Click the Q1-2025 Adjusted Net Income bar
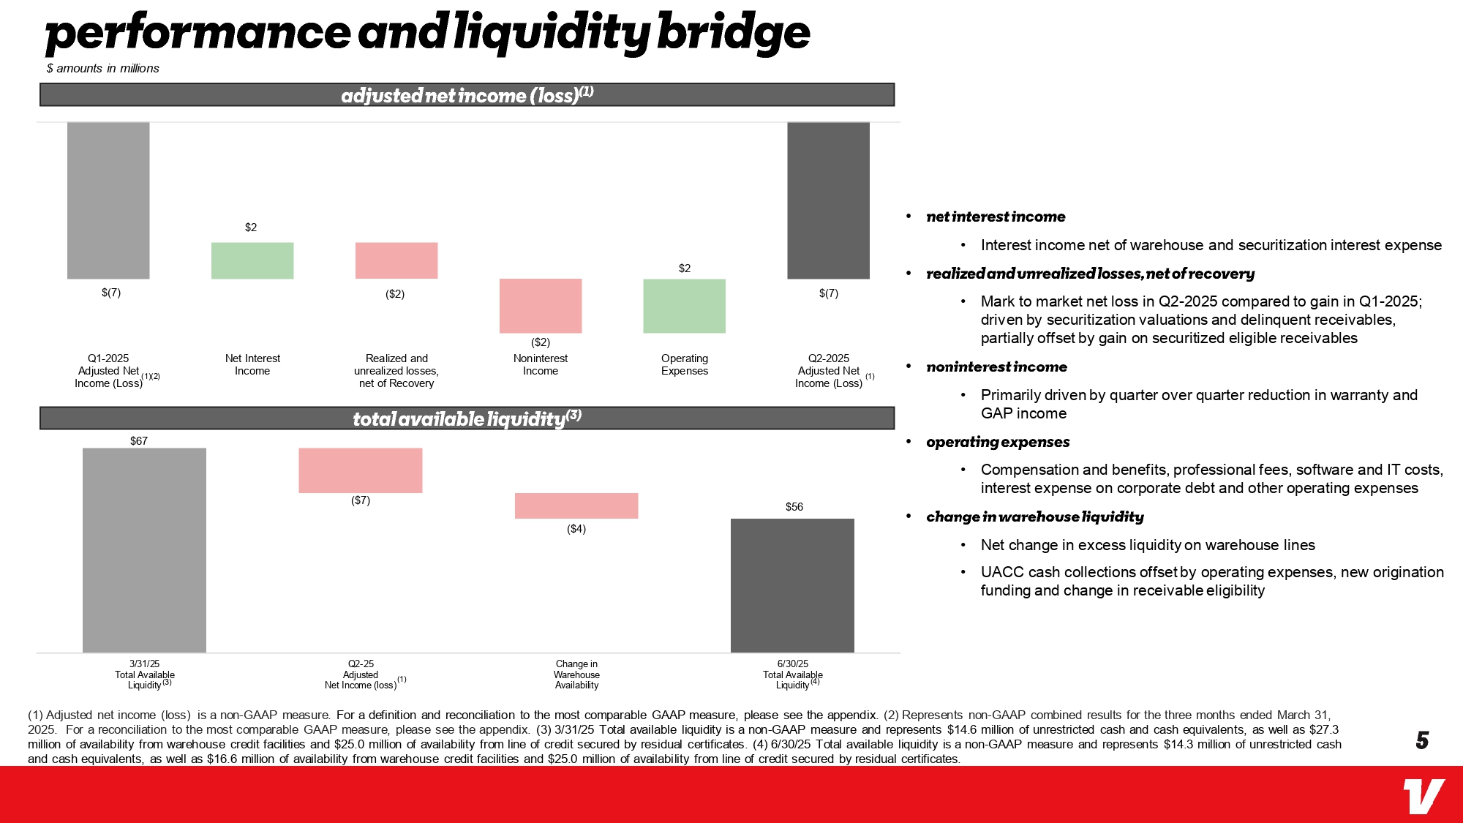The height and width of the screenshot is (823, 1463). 108,200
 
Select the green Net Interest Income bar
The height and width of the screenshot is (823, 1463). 252,260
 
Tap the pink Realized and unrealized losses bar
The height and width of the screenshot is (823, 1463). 396,260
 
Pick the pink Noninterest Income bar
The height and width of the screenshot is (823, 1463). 541,306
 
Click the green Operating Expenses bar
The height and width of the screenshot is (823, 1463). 684,306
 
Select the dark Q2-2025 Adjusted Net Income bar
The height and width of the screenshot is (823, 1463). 828,200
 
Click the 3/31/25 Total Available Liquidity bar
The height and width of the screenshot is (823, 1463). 144,550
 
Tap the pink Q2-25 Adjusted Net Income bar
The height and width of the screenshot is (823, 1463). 361,470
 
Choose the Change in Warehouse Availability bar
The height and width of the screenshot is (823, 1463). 576,506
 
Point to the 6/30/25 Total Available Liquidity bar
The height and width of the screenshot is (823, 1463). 792,585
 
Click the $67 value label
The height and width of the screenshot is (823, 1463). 139,440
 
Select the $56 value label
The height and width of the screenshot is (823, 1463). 794,507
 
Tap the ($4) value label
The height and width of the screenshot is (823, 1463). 576,529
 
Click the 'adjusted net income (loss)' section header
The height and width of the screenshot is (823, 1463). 467,95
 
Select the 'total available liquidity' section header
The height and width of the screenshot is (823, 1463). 467,418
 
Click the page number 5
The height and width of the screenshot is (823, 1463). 1422,740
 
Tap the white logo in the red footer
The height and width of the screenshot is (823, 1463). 1423,796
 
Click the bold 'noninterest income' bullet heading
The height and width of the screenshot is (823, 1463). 996,367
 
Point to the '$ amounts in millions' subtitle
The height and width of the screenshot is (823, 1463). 102,68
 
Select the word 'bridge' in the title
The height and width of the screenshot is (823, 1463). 734,33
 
